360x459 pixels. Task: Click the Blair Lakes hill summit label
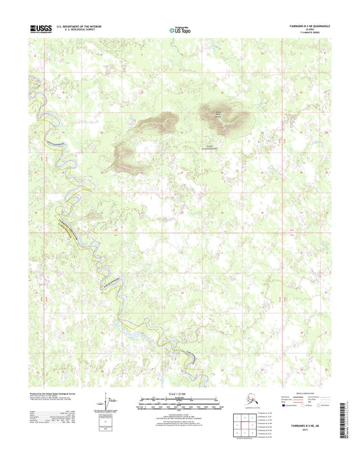click(x=217, y=114)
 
